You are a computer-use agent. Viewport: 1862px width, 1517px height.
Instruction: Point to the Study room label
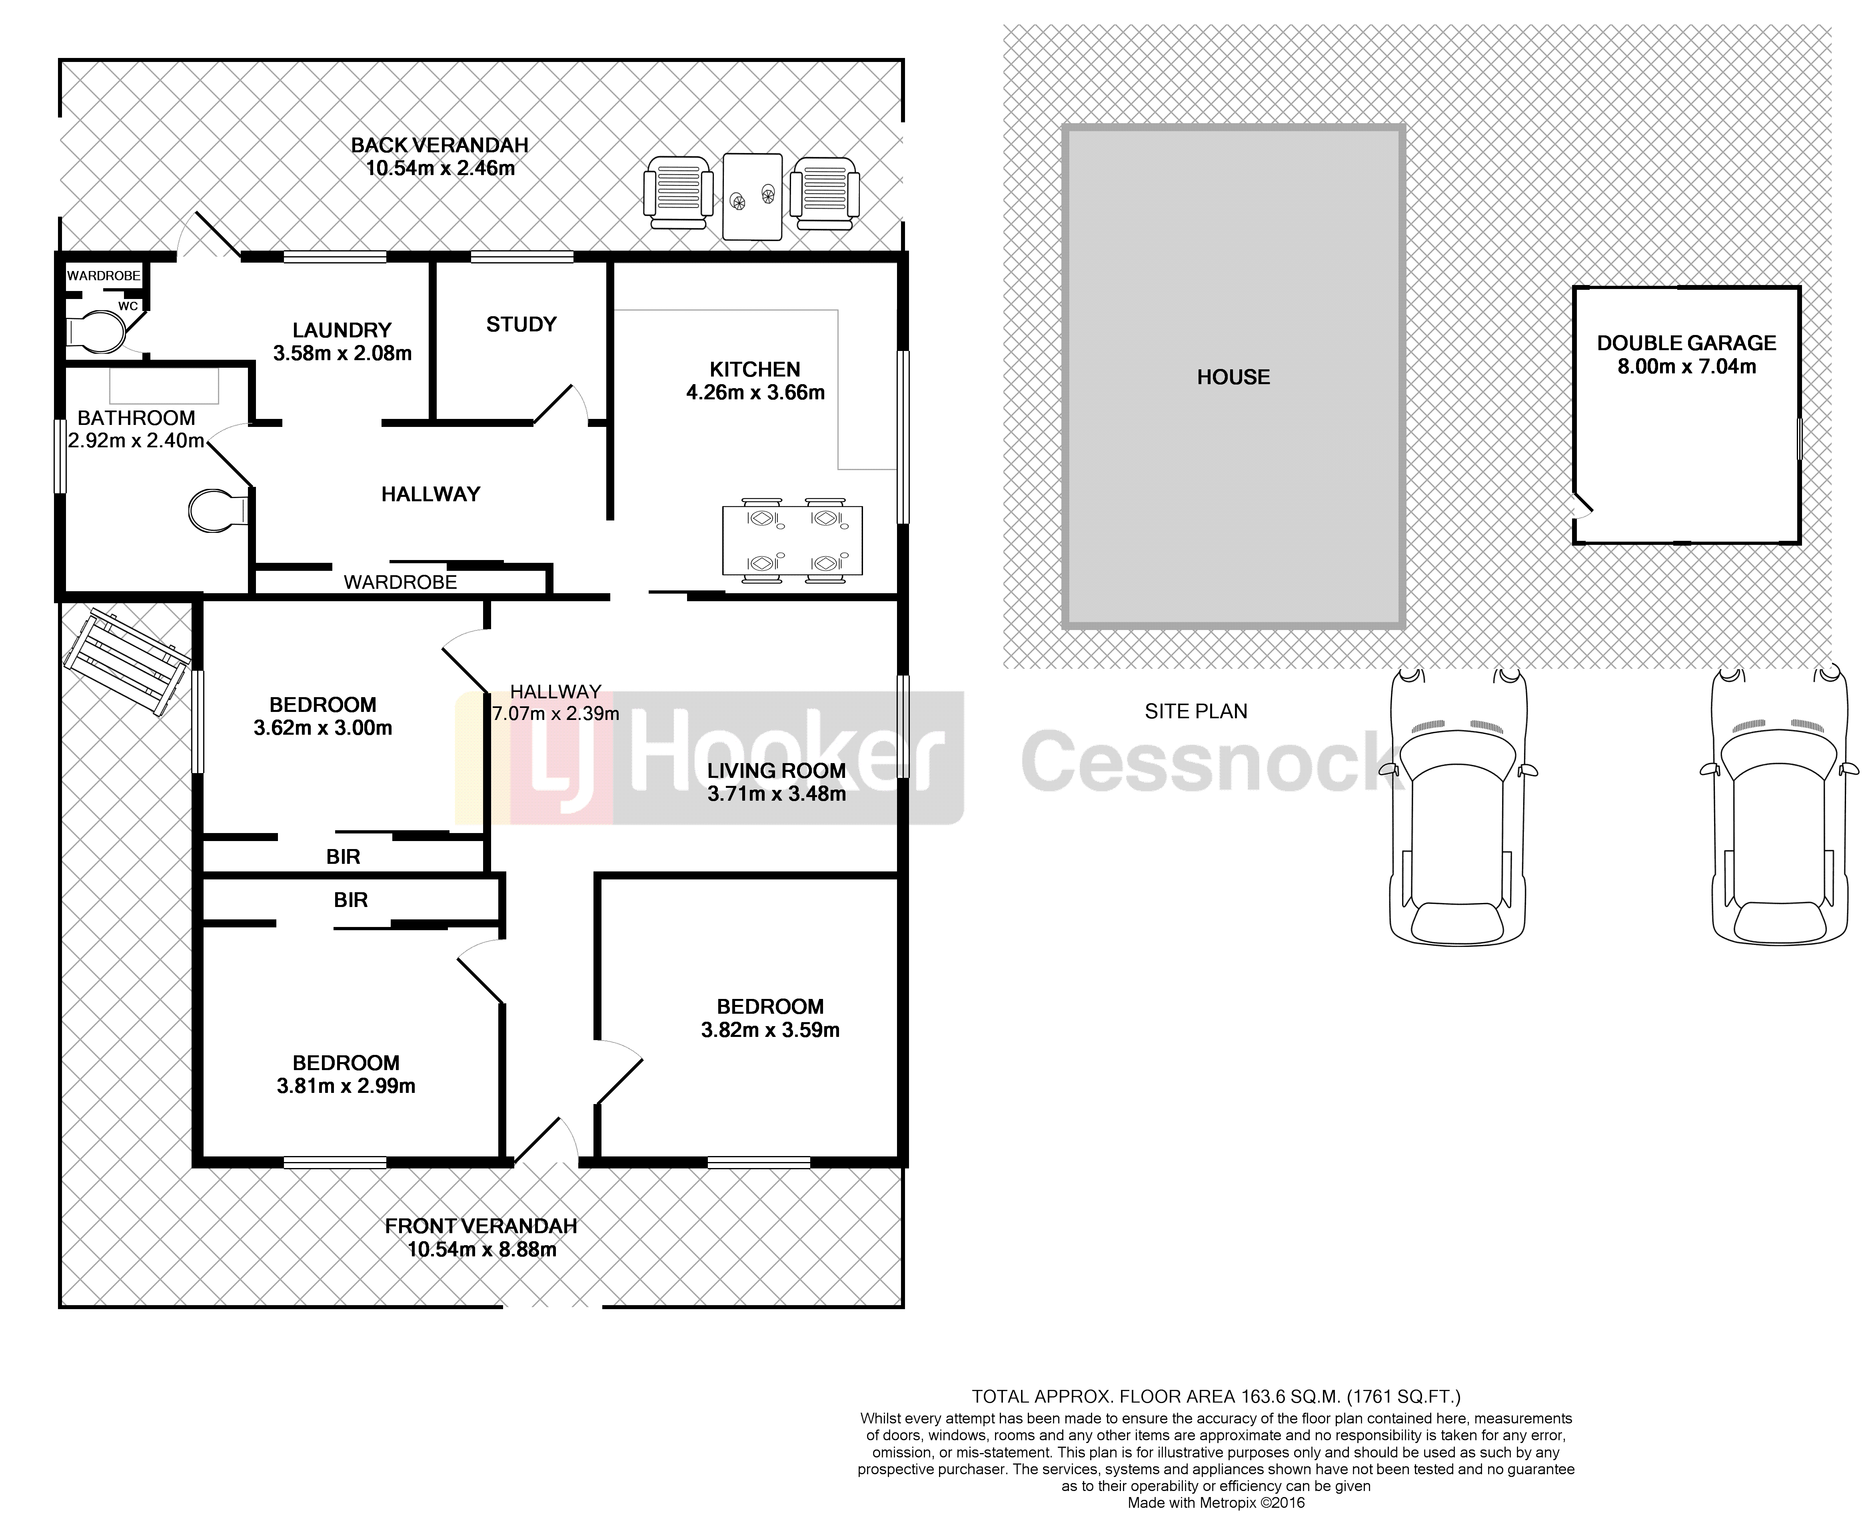[x=521, y=324]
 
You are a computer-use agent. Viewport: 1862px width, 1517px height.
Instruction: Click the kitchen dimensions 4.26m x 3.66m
[x=755, y=393]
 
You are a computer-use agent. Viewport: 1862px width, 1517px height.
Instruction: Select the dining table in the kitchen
[x=792, y=542]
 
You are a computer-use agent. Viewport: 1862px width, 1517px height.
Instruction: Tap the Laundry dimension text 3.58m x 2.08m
[x=342, y=353]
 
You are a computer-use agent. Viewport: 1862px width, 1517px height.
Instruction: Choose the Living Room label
[x=776, y=771]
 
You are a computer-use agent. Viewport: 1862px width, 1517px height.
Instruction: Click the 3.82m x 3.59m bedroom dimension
[x=770, y=1030]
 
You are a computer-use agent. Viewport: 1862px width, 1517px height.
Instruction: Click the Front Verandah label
[x=481, y=1226]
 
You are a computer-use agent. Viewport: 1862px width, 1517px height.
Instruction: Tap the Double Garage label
[x=1686, y=343]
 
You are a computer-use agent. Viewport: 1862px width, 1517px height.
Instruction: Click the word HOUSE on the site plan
[x=1233, y=377]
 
